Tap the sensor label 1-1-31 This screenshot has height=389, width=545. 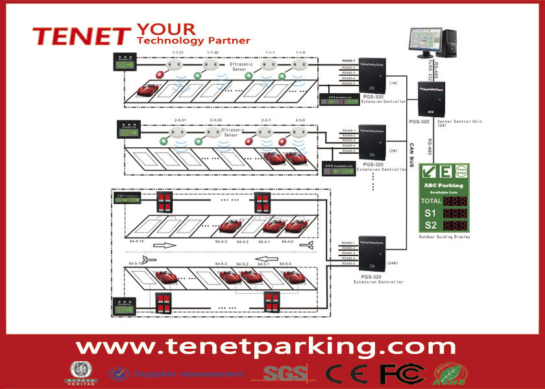point(177,52)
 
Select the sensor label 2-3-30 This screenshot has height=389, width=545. point(216,120)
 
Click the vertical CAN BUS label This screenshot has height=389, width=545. point(411,155)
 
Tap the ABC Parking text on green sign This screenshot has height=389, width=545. point(445,185)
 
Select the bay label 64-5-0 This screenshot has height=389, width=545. point(285,264)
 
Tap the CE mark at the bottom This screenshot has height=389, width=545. point(351,373)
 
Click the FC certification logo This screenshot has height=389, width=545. point(402,373)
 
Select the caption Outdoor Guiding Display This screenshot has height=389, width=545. point(444,237)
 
